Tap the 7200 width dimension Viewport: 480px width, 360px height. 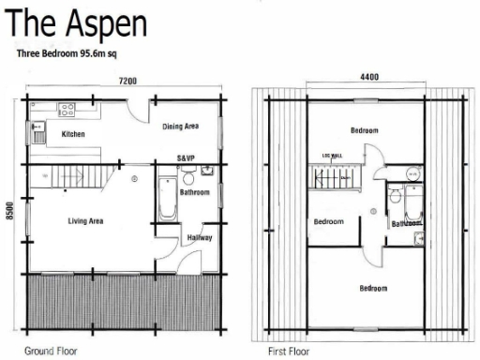127,82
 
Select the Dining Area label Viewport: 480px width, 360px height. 180,126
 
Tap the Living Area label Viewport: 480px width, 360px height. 85,221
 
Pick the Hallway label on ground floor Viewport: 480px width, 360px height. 200,238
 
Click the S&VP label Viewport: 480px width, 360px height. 186,158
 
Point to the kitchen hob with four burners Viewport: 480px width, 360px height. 67,109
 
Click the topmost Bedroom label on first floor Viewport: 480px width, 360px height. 365,130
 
